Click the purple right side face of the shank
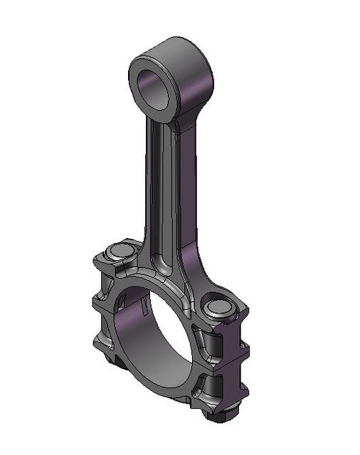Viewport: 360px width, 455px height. [191, 199]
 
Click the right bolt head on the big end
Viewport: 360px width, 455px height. [216, 307]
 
